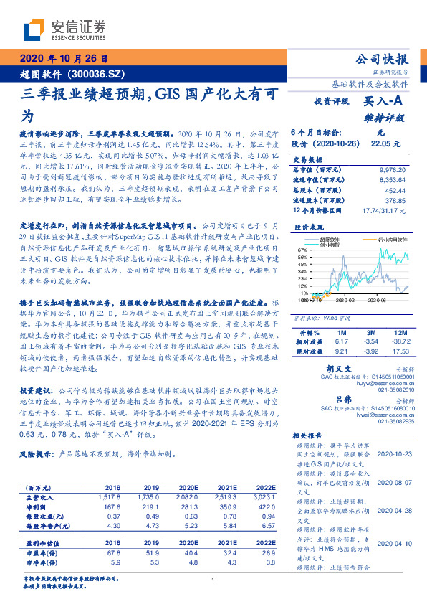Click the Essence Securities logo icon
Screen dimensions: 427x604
[36, 29]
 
